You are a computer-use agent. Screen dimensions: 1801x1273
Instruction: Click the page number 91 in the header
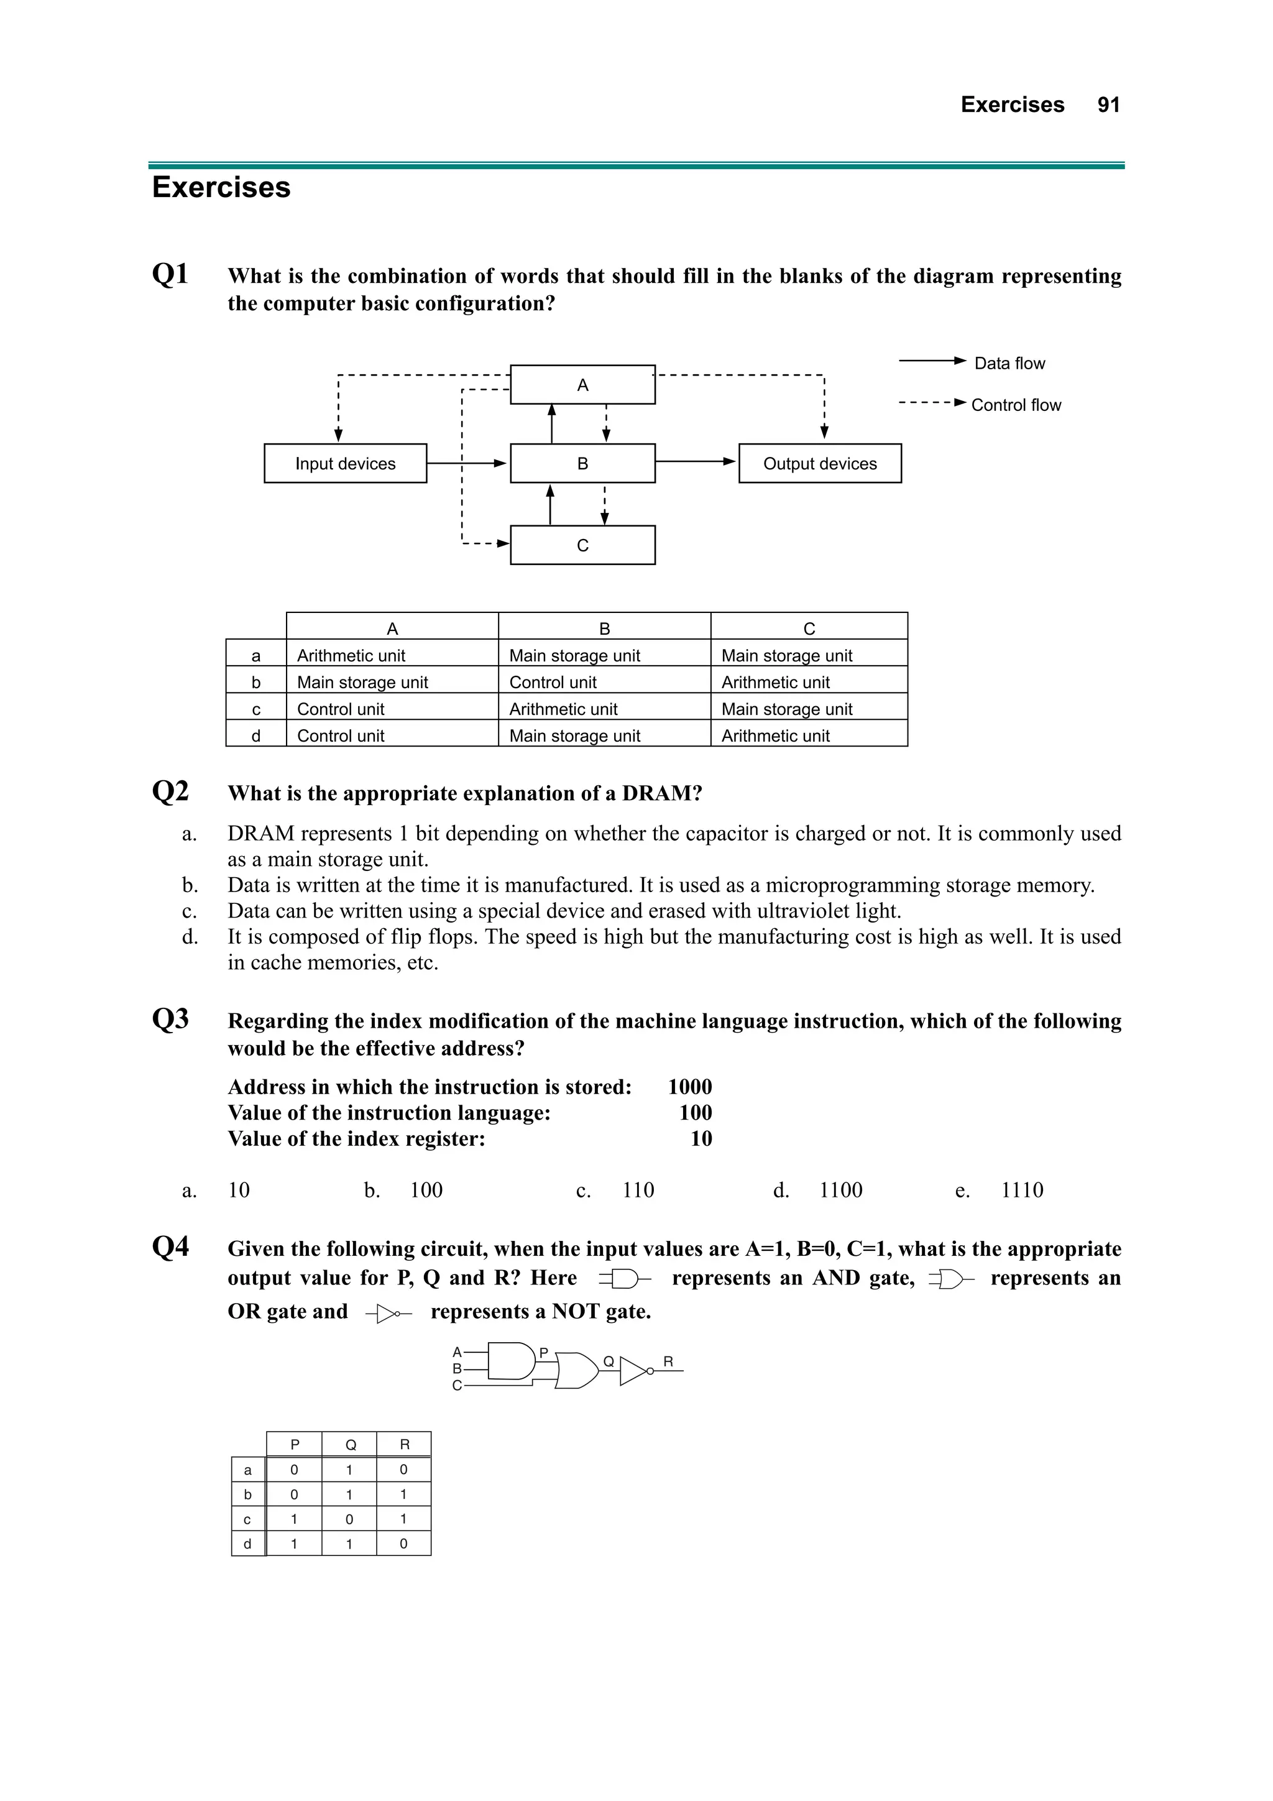1108,105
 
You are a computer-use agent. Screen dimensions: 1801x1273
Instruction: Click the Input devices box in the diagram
345,464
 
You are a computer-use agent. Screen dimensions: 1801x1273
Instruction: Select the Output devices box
820,464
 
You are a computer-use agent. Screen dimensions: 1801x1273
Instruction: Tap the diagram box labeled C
582,545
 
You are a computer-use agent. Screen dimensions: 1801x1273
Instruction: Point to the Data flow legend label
1009,363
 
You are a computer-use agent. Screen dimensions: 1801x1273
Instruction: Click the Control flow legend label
1016,405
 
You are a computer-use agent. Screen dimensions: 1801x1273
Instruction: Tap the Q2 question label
170,791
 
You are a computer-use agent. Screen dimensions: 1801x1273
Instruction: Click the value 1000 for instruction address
689,1087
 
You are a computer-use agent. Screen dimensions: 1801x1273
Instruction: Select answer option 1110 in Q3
1022,1191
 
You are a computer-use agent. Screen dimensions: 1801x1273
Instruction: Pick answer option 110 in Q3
638,1191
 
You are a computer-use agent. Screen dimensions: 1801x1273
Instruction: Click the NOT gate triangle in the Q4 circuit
632,1372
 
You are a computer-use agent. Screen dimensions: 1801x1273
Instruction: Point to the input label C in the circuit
456,1386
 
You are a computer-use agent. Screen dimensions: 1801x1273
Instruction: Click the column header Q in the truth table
350,1445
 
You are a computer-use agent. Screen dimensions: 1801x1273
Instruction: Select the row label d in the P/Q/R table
248,1544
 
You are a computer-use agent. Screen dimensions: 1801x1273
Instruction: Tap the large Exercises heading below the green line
221,188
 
